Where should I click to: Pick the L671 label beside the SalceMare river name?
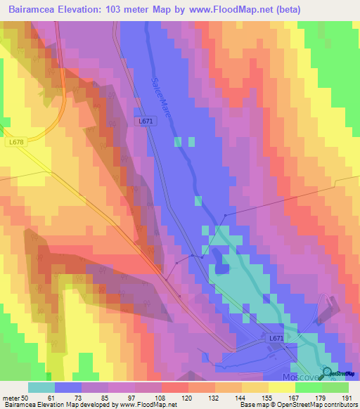click(145, 122)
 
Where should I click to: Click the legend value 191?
click(349, 398)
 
